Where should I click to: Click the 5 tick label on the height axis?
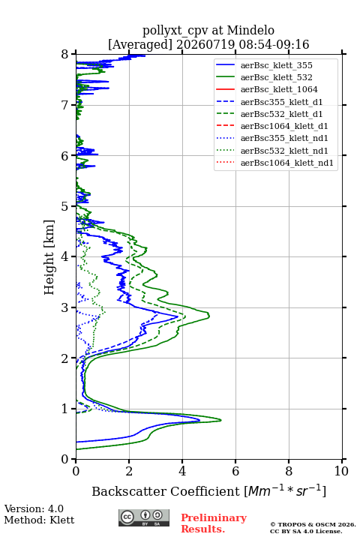[x=65, y=206]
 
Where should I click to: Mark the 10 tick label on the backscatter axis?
[x=341, y=471]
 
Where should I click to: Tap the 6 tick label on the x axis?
[x=235, y=471]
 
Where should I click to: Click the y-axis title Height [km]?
[x=49, y=257]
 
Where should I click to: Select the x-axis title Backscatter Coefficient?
[x=166, y=491]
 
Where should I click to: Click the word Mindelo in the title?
[x=250, y=30]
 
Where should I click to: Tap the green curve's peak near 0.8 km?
[x=220, y=420]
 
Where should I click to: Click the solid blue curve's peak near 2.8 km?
[x=178, y=316]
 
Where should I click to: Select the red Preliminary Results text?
[x=214, y=523]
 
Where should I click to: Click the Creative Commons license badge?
[x=144, y=518]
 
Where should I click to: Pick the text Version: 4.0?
[x=34, y=509]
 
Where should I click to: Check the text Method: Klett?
[x=39, y=520]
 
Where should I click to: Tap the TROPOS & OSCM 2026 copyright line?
[x=313, y=524]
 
